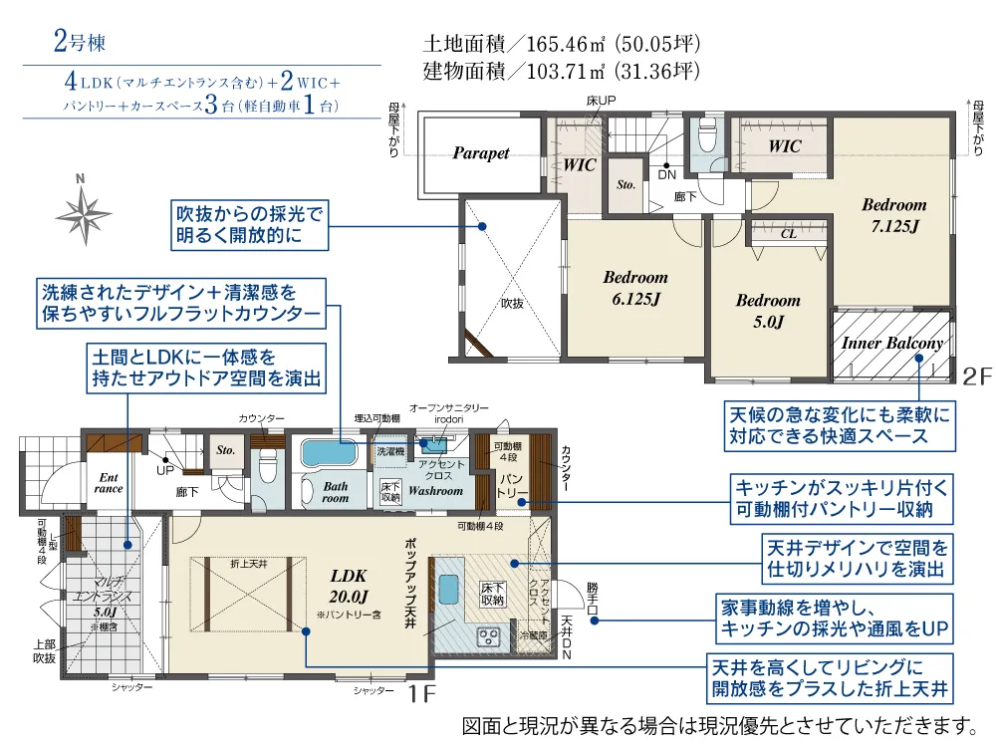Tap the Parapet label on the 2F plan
click(x=481, y=153)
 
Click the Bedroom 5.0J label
click(x=767, y=310)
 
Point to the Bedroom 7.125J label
click(x=893, y=215)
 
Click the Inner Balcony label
click(x=891, y=344)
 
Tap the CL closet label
click(x=787, y=234)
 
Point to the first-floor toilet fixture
click(x=266, y=464)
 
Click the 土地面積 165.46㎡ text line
click(x=563, y=45)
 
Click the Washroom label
click(x=435, y=491)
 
